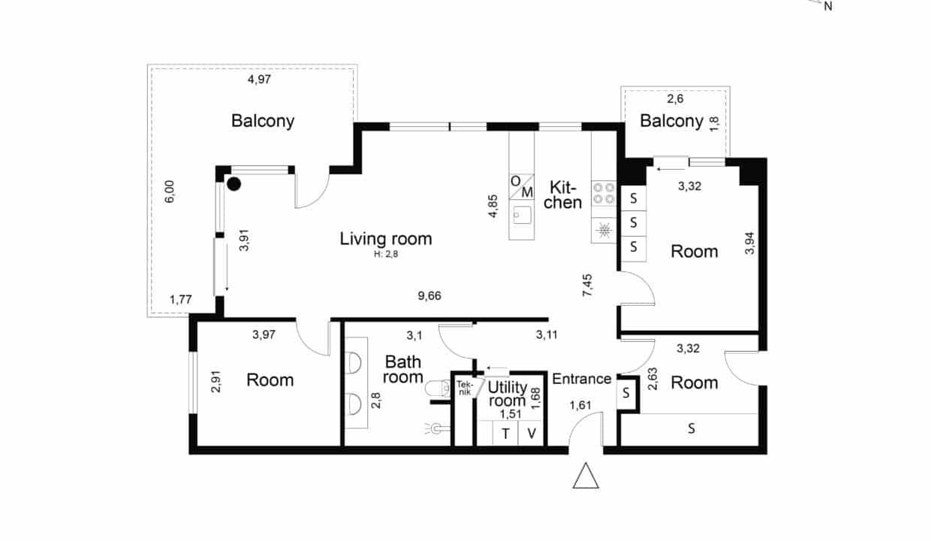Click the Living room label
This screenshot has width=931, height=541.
tap(386, 239)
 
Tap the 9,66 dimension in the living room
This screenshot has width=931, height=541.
tap(429, 295)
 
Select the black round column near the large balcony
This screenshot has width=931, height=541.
tap(234, 184)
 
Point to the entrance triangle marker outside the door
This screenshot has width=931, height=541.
tap(586, 476)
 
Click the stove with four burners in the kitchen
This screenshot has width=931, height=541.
tap(604, 193)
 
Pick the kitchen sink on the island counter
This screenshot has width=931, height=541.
tap(522, 215)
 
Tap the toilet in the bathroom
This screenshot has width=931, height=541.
tap(437, 388)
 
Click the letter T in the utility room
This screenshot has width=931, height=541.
tap(505, 434)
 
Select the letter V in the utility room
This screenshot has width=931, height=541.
tap(532, 434)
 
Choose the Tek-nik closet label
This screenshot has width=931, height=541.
tap(464, 388)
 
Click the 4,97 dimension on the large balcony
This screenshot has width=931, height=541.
tap(259, 79)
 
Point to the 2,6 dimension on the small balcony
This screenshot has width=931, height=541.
tap(676, 99)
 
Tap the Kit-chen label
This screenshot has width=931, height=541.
tap(563, 195)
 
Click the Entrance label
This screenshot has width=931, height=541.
tap(581, 379)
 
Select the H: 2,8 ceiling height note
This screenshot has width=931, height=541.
tap(386, 254)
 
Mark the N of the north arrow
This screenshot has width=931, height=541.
tap(828, 7)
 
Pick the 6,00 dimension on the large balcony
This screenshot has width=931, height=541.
tap(170, 192)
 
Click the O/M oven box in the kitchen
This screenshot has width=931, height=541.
tap(522, 186)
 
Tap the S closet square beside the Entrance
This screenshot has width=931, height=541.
tap(626, 394)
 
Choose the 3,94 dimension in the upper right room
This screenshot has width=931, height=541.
tap(749, 243)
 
